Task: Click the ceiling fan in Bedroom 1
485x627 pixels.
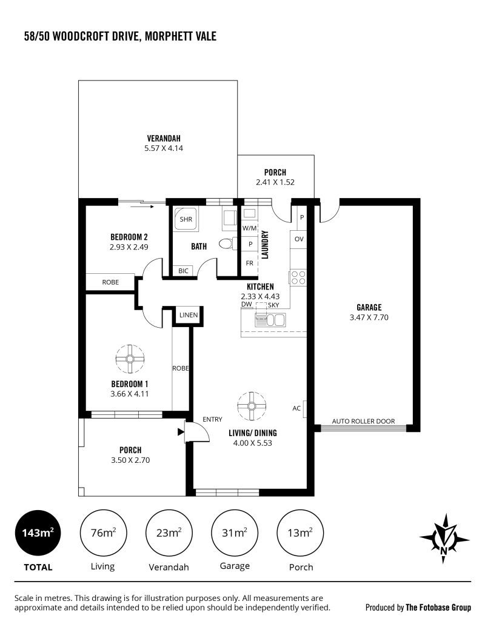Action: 130,359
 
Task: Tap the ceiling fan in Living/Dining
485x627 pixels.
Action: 252,406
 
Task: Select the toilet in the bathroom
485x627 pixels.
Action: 227,244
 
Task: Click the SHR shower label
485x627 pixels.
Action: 186,219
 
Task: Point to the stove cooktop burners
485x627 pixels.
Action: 298,277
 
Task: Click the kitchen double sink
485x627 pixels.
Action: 270,320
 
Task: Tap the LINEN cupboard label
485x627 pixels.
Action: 189,315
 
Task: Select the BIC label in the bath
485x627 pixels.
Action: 183,271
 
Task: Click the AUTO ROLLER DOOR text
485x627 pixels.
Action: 363,421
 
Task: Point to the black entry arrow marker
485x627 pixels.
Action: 181,432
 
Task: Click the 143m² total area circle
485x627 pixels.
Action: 38,533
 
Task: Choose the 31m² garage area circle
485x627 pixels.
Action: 235,533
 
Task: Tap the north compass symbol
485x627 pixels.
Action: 444,539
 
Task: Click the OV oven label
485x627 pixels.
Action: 299,239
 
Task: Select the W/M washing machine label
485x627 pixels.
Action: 250,228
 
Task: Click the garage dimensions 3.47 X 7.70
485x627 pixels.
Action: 369,317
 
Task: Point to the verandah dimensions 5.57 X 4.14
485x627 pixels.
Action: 164,148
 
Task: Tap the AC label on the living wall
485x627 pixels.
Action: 296,408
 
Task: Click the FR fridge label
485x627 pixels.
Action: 250,263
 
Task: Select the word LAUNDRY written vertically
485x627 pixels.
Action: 264,245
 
